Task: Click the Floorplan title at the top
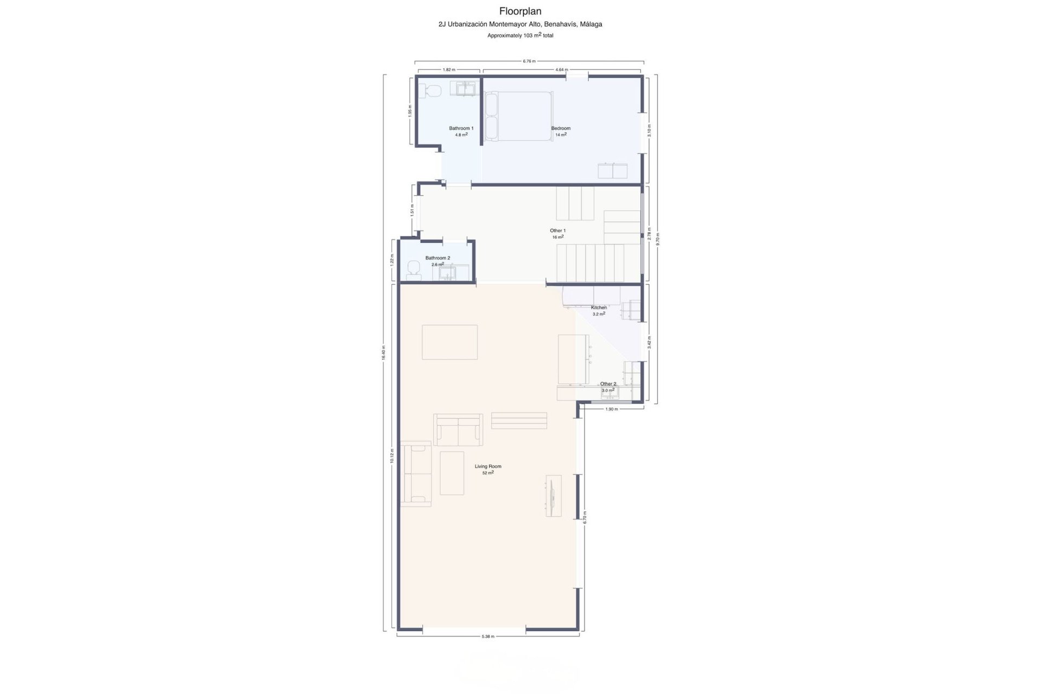[x=520, y=11]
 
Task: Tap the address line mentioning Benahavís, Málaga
[x=520, y=24]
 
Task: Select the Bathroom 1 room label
[x=461, y=128]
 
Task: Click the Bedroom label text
[x=561, y=128]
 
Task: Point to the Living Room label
[x=488, y=466]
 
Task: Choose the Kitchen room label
[x=599, y=307]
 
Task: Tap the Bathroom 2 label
[x=438, y=258]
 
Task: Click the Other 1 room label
[x=558, y=231]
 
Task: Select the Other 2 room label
[x=608, y=384]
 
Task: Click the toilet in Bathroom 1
[x=433, y=91]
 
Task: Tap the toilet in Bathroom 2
[x=414, y=269]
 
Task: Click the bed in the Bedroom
[x=519, y=116]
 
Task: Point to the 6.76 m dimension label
[x=529, y=61]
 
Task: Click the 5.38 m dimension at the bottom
[x=488, y=637]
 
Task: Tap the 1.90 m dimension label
[x=611, y=409]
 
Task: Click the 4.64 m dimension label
[x=562, y=70]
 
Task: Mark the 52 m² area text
[x=488, y=473]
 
